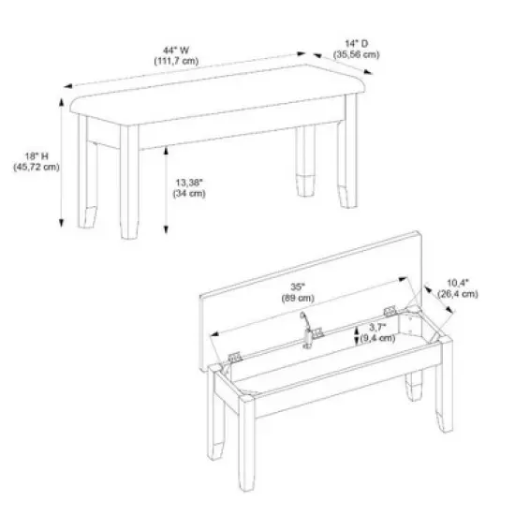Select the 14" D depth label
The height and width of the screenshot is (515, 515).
tap(359, 43)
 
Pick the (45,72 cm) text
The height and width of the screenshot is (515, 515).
tap(37, 168)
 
